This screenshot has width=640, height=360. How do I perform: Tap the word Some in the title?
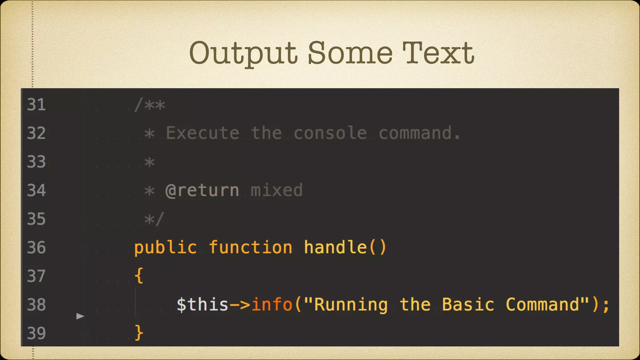(350, 53)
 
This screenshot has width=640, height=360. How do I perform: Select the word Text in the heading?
(438, 53)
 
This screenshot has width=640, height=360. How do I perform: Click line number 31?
(36, 104)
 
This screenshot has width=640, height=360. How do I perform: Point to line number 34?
(36, 190)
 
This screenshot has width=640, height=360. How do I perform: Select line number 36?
(36, 247)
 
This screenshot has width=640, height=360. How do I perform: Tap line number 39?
(36, 333)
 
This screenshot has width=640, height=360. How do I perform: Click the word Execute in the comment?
(202, 133)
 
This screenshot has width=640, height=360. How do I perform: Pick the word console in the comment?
(330, 133)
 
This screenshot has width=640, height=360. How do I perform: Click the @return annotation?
(202, 190)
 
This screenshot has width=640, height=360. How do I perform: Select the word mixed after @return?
(277, 190)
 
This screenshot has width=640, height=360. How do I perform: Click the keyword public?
(166, 247)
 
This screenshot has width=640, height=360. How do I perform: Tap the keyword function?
(251, 247)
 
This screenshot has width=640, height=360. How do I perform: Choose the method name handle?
(335, 247)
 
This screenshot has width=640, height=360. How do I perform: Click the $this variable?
(202, 305)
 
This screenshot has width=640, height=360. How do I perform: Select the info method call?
(272, 305)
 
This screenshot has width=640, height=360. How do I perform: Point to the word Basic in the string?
(468, 305)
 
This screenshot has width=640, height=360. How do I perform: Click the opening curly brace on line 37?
(139, 276)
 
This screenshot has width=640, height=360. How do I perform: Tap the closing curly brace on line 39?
(139, 332)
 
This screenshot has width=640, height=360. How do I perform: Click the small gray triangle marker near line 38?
(80, 316)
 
